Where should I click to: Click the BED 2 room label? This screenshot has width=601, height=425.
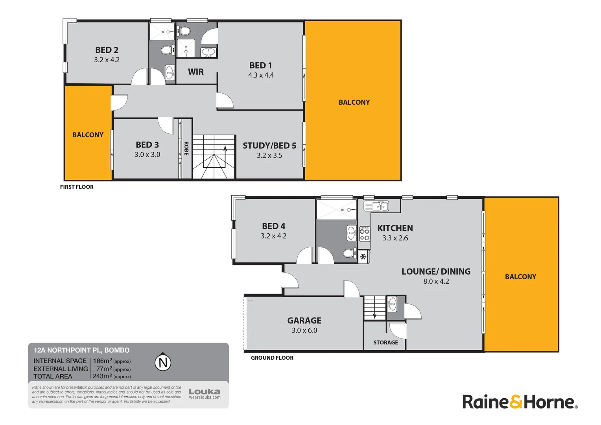(x=107, y=50)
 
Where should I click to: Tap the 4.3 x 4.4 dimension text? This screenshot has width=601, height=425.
(x=261, y=75)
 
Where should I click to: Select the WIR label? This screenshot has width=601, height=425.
(x=195, y=72)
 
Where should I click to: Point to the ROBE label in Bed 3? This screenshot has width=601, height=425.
(x=186, y=148)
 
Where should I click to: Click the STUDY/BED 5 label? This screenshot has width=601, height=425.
(x=269, y=146)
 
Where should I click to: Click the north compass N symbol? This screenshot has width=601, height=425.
(x=163, y=362)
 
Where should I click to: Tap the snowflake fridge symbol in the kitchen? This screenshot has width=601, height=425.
(x=363, y=257)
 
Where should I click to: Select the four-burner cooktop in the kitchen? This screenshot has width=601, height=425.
(x=365, y=233)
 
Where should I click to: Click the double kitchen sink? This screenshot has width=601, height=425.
(x=376, y=206)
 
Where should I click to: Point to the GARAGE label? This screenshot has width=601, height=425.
(x=304, y=320)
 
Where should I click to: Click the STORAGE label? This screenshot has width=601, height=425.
(x=385, y=342)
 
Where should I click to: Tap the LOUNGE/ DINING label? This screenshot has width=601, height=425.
(x=436, y=272)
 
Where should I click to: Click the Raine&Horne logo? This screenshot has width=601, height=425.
(x=520, y=402)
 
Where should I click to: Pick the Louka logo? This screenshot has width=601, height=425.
(x=204, y=392)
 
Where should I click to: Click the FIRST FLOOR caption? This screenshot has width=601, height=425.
(x=77, y=187)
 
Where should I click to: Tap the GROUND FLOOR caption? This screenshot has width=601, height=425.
(x=272, y=358)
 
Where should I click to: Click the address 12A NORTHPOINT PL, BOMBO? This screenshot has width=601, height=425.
(x=81, y=350)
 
